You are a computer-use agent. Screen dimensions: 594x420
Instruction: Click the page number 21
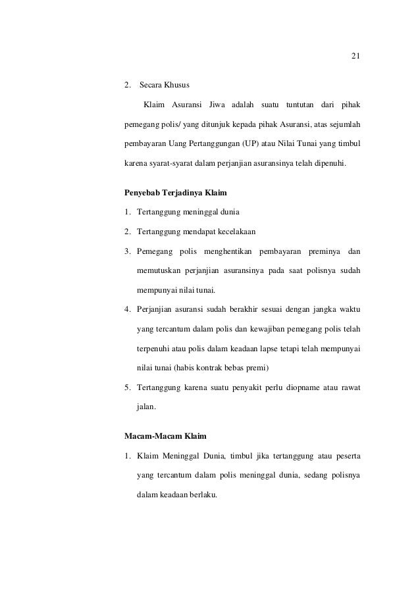click(x=355, y=55)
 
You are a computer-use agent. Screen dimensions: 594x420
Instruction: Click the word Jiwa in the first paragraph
click(x=217, y=105)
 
